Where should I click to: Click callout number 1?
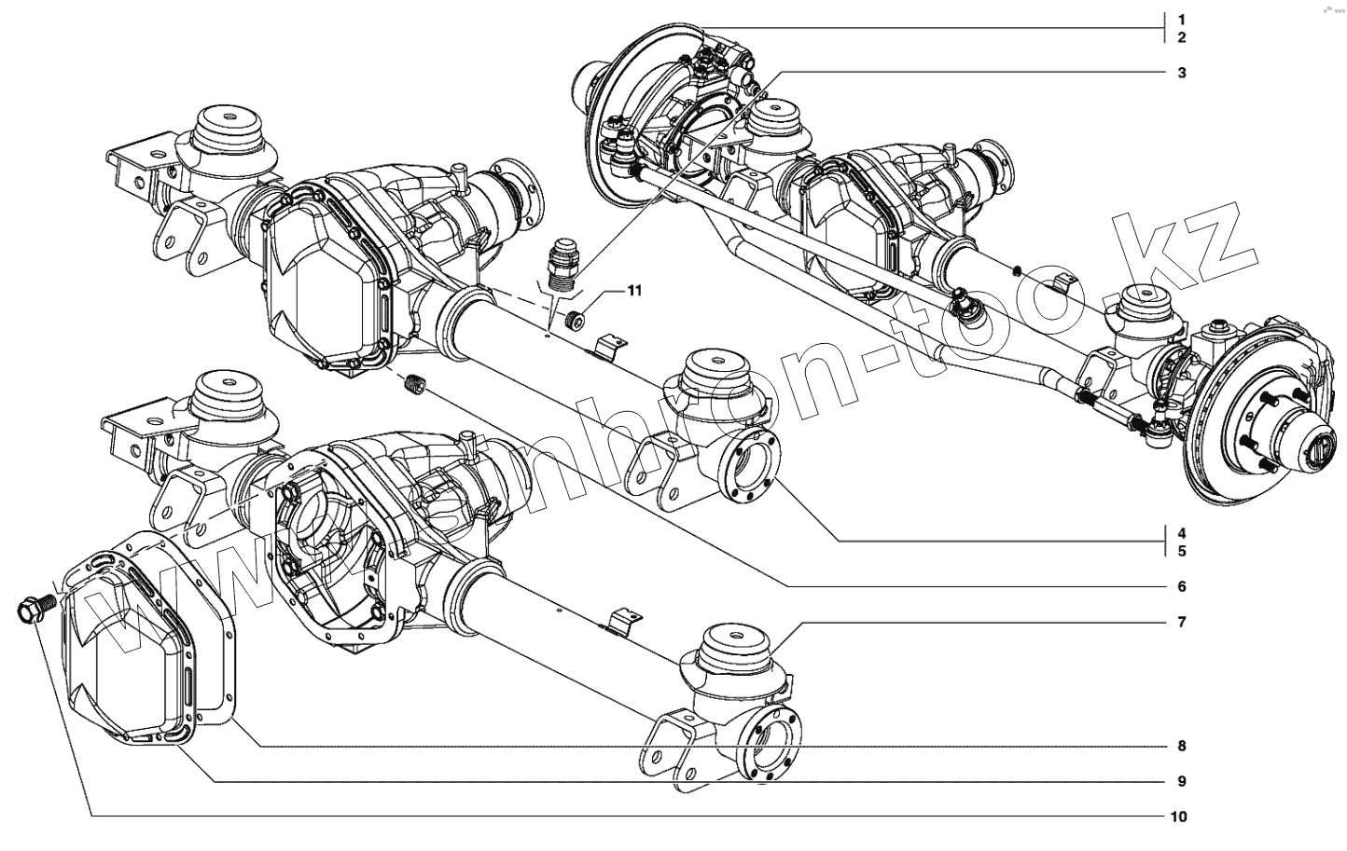click(x=1181, y=20)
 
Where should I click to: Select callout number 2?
click(x=1181, y=37)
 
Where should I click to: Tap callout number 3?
click(x=1181, y=73)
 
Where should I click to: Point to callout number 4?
click(x=1181, y=534)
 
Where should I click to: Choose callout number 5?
click(x=1181, y=551)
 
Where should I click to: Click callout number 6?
click(x=1181, y=586)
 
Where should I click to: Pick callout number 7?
click(x=1181, y=622)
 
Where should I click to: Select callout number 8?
click(x=1181, y=746)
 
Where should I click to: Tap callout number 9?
click(x=1181, y=781)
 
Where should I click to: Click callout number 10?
click(x=1178, y=817)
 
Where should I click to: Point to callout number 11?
click(x=634, y=292)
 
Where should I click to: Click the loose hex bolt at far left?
click(x=31, y=611)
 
